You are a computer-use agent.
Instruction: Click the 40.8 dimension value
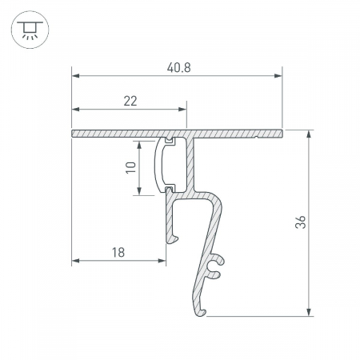(178, 68)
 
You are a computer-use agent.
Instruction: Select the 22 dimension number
(130, 101)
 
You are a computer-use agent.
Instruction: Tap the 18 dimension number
(118, 252)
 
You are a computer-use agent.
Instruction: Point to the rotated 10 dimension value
(131, 167)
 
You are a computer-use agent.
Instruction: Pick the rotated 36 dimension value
(300, 222)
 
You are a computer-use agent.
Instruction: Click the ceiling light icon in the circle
(30, 30)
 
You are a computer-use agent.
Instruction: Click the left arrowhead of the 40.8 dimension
(75, 76)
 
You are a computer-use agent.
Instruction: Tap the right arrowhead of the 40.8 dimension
(278, 76)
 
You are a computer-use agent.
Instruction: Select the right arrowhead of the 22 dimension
(182, 110)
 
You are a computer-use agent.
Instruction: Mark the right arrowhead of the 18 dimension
(162, 261)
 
